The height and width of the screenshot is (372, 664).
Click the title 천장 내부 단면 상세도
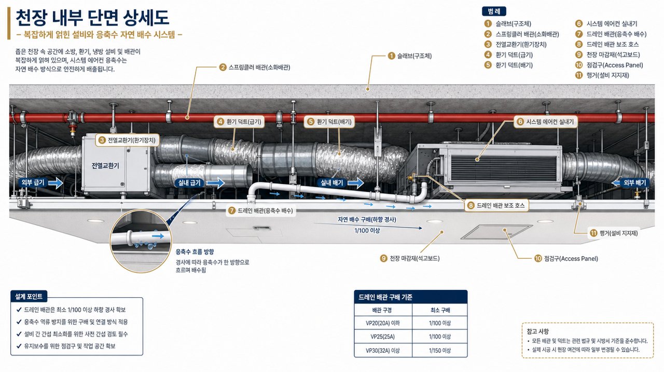point(92,18)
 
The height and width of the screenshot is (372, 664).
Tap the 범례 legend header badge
point(494,11)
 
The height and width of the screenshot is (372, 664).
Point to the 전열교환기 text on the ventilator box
point(105,166)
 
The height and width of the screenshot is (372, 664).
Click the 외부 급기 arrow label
point(33,182)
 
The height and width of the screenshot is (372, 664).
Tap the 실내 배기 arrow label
point(331,182)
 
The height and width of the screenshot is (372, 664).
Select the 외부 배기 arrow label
point(634,182)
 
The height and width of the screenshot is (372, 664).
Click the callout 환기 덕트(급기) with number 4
point(239,122)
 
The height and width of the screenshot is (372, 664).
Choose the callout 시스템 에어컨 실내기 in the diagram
point(545,122)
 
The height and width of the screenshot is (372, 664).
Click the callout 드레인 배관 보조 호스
point(496,205)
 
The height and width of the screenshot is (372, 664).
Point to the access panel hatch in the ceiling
point(497,232)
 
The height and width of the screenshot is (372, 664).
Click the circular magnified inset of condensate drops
point(141,241)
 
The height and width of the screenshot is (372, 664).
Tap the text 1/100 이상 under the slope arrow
point(367,230)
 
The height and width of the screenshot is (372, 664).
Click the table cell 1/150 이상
point(440,351)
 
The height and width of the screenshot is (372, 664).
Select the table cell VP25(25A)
point(383,337)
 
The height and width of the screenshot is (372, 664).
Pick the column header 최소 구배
point(440,310)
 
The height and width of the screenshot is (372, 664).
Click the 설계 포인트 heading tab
point(29,296)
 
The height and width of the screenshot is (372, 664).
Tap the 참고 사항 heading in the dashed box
point(537,331)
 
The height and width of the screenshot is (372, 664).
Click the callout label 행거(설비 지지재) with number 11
point(614,233)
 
